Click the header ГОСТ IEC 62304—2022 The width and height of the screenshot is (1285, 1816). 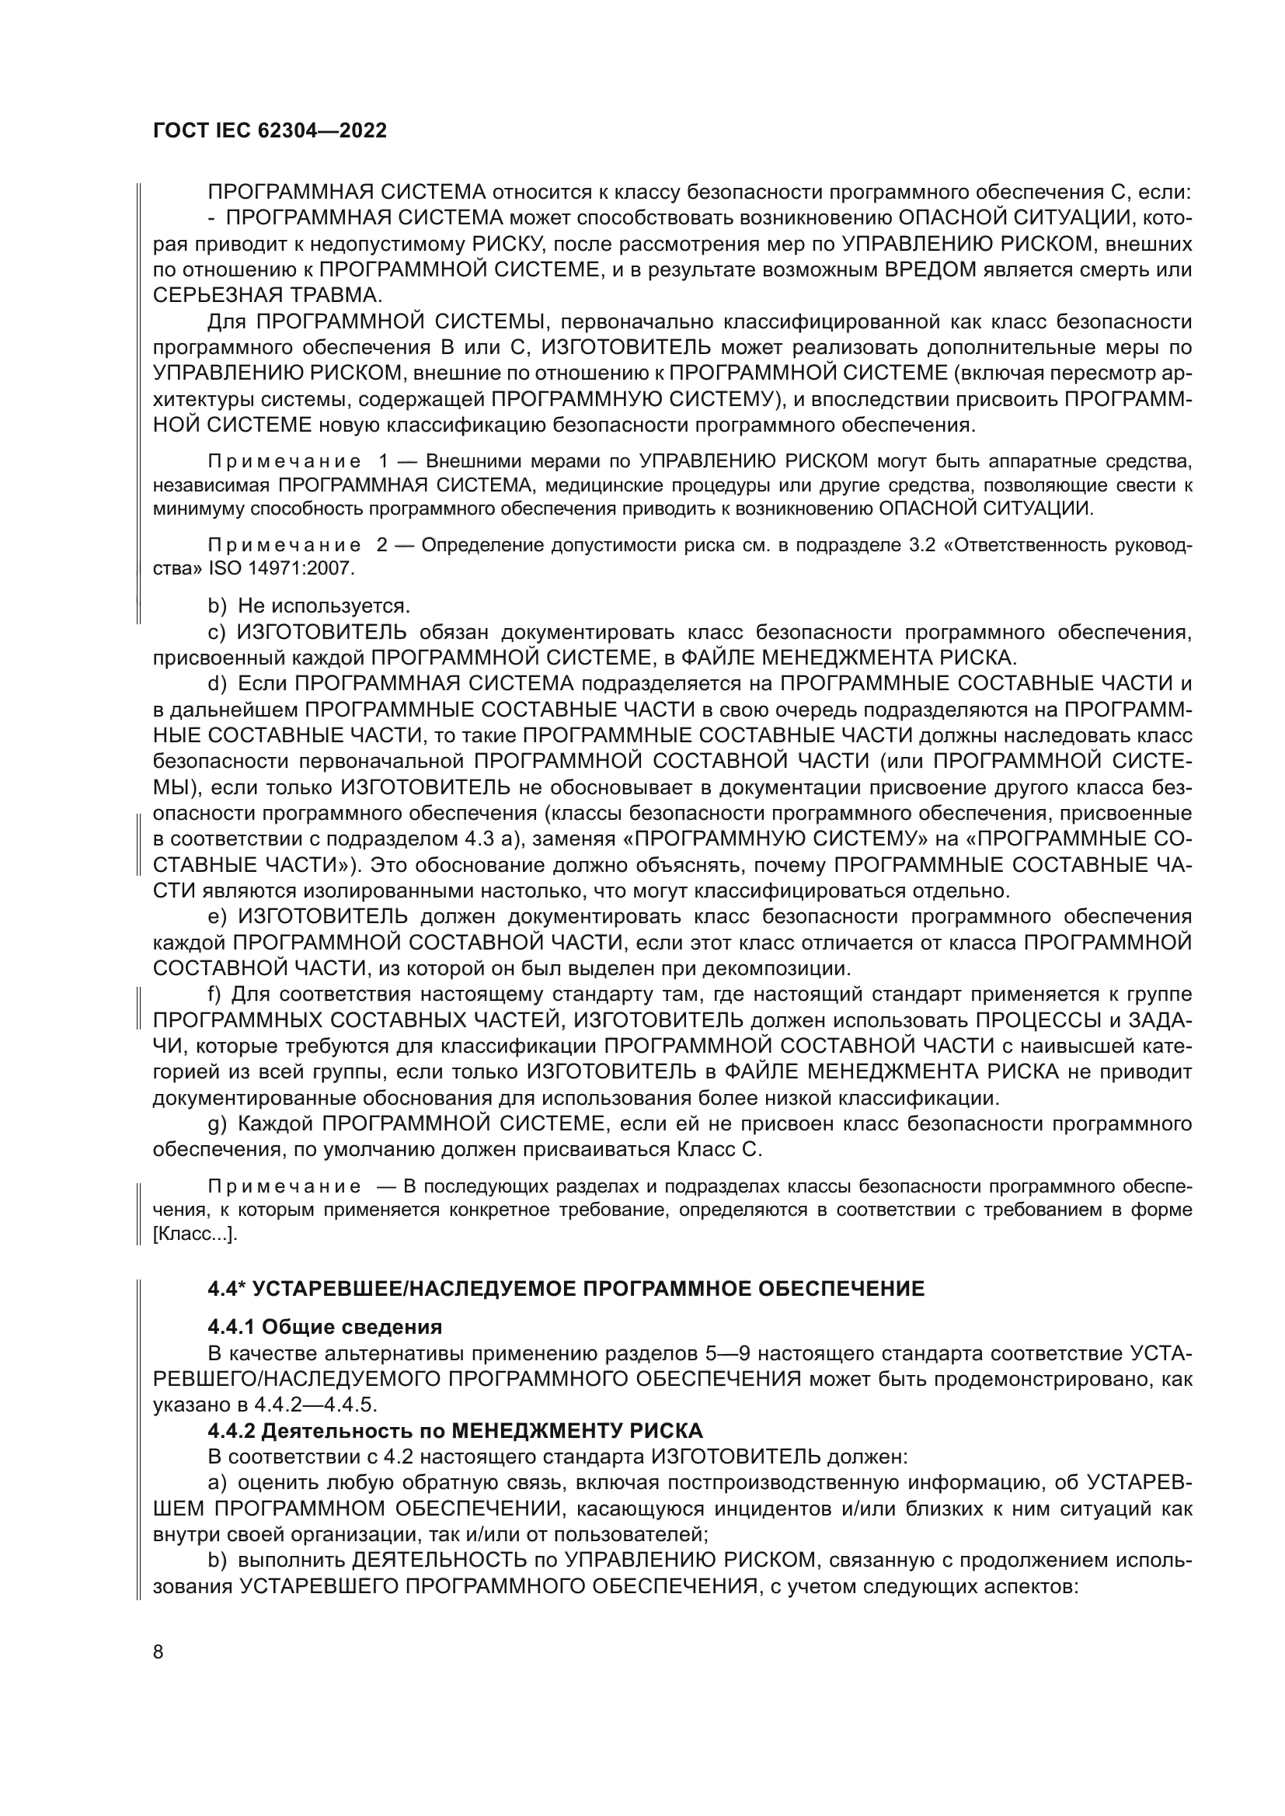coord(269,130)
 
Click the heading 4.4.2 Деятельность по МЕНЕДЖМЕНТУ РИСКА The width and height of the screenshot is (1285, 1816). coord(455,1431)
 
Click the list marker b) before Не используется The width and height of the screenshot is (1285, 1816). coord(217,606)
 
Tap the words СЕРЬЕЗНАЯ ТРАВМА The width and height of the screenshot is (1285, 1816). coord(266,296)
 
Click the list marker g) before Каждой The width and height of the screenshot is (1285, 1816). coord(217,1125)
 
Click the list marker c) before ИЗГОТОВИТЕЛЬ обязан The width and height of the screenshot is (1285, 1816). coord(217,633)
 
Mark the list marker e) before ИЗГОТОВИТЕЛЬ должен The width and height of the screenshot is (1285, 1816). coord(217,918)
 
